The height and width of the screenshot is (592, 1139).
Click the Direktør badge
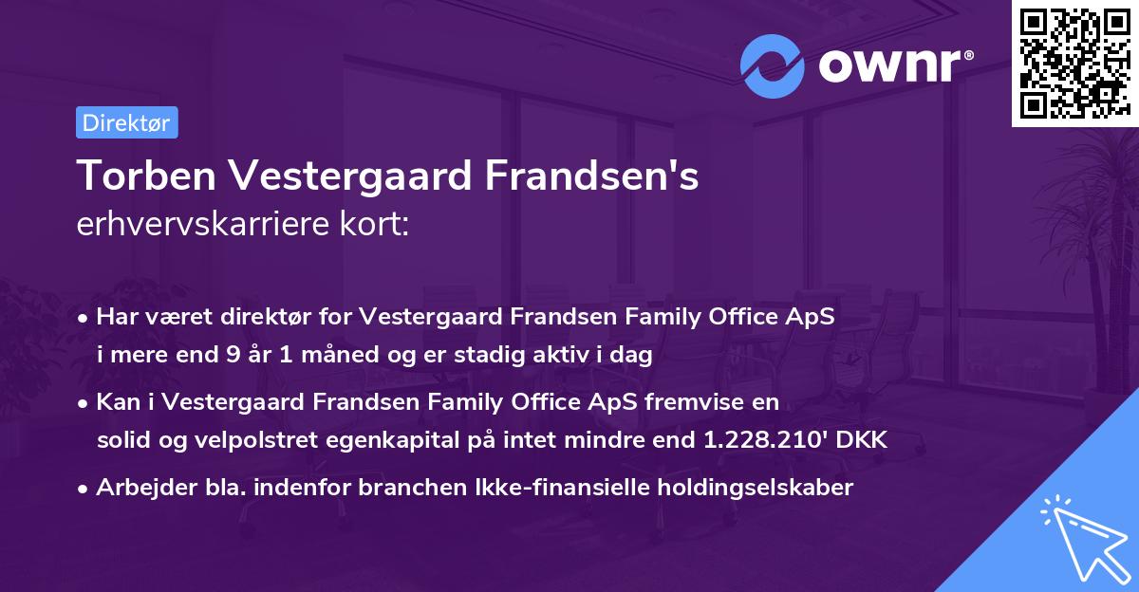tap(126, 122)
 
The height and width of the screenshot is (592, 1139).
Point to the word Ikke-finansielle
tap(557, 488)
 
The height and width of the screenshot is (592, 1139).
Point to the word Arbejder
tap(140, 488)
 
